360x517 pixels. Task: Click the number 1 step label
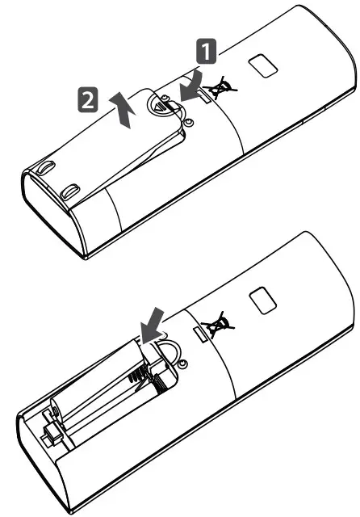[207, 53]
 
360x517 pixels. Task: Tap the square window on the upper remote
[260, 65]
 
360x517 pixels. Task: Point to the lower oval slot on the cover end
[72, 192]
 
